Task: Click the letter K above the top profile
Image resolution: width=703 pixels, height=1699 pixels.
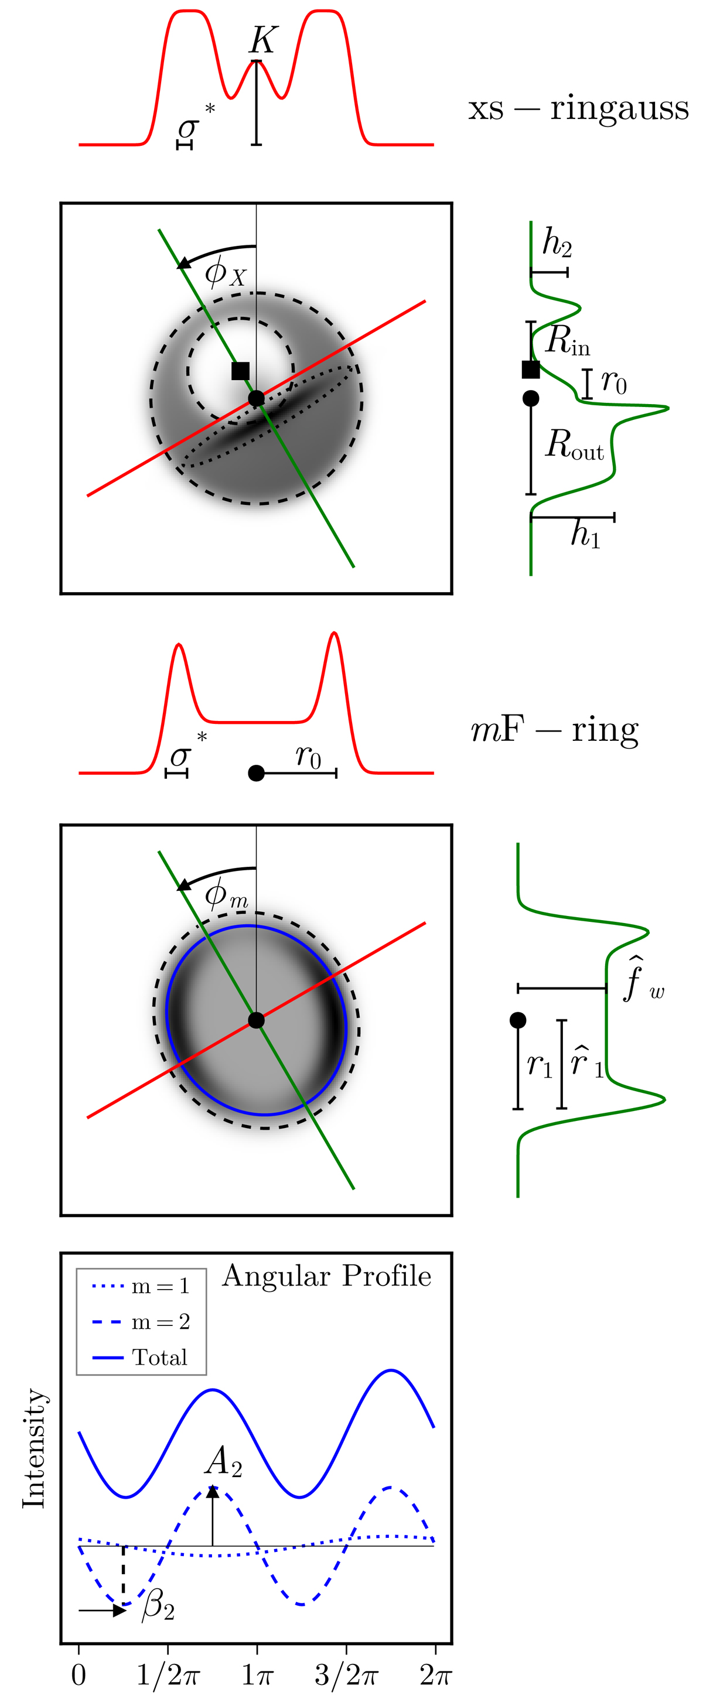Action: point(262,41)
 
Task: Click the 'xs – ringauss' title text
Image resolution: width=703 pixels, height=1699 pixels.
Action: point(578,108)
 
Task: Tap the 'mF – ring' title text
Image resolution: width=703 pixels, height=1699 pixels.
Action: point(555,730)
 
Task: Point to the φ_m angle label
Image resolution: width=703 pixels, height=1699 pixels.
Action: point(226,894)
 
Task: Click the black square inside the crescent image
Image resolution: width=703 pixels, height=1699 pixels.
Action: point(241,371)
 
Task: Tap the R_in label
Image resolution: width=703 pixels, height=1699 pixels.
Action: point(567,340)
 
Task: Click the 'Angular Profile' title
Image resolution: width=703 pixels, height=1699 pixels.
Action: point(326,1276)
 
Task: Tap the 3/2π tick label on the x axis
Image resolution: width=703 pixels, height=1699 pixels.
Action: point(346,1675)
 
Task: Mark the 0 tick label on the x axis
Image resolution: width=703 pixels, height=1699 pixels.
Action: point(79,1675)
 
